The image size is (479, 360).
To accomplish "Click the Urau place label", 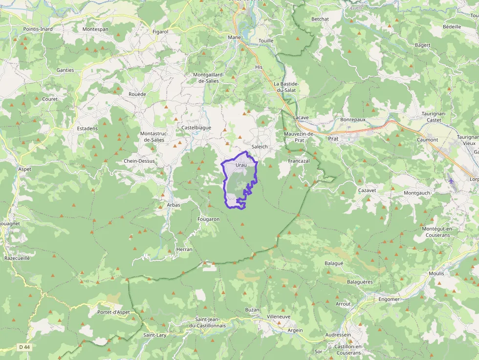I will tap(241, 166).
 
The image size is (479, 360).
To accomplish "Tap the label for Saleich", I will tap(260, 147).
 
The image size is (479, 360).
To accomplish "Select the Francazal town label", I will tap(299, 161).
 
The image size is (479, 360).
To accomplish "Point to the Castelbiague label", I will tap(196, 127).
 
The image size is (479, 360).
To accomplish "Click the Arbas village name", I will tap(174, 205).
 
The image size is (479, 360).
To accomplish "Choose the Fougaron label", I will tap(208, 219).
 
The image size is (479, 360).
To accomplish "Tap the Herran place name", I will tap(184, 249).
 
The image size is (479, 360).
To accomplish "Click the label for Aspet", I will tap(24, 169).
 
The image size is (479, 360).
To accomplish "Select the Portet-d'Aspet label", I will tap(113, 312).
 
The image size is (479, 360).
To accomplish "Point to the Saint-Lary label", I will tap(155, 335).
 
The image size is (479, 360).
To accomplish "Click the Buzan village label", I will tap(252, 310).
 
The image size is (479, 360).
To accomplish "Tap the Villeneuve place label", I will tap(279, 317).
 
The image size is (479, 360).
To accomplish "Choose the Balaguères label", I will tap(360, 282).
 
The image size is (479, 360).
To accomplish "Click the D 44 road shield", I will tap(23, 347).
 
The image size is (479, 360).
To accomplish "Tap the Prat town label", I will tap(334, 139).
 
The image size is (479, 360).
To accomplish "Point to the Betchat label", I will tap(320, 19).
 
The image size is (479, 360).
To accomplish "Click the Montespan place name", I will tap(95, 29).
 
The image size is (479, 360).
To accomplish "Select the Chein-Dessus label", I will tap(139, 161).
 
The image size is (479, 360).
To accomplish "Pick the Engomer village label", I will tap(389, 299).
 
